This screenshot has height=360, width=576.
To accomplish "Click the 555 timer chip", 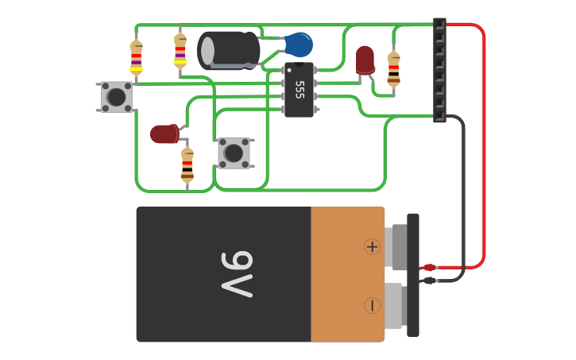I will click(299, 89).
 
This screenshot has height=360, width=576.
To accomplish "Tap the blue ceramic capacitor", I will click(299, 45).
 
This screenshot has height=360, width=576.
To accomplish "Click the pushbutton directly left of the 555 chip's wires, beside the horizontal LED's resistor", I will click(234, 153).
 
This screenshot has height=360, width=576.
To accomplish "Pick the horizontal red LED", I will click(164, 134).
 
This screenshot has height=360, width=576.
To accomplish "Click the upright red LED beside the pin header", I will click(365, 60).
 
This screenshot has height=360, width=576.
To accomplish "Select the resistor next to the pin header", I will click(393, 68).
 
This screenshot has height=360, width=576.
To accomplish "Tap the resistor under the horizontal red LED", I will click(187, 165).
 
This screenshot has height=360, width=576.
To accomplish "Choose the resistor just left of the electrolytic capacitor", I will click(180, 51).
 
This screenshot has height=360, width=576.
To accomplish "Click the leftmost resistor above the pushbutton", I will click(136, 57).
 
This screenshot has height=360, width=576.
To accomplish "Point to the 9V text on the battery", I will click(236, 274).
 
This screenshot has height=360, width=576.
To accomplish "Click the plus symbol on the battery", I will click(372, 246).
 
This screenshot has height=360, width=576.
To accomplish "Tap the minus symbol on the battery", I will click(372, 305).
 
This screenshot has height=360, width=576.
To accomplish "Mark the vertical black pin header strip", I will click(439, 70).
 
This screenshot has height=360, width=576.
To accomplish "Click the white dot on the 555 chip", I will click(289, 71).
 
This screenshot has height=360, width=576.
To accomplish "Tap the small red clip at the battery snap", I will click(429, 268).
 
